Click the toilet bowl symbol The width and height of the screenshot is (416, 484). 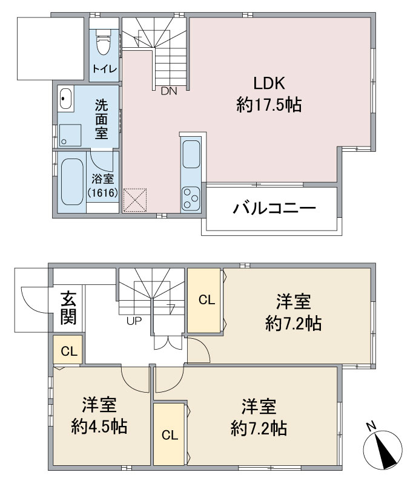(103, 42)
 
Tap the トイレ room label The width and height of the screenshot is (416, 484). (105, 68)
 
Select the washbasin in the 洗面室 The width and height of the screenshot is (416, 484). (65, 99)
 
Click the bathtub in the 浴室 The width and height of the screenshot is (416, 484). (72, 182)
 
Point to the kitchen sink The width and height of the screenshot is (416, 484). (191, 154)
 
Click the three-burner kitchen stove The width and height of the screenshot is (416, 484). (191, 199)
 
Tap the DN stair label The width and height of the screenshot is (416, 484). (169, 91)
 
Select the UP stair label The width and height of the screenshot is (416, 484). (134, 321)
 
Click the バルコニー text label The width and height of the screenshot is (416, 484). (274, 208)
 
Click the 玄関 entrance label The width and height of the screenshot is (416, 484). (68, 307)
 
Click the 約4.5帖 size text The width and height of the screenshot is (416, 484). (99, 427)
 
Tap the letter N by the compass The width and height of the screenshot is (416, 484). (372, 426)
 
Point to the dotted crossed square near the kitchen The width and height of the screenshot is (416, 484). (135, 200)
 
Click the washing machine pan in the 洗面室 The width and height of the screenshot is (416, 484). (70, 135)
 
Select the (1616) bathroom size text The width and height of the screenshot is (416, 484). (102, 193)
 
